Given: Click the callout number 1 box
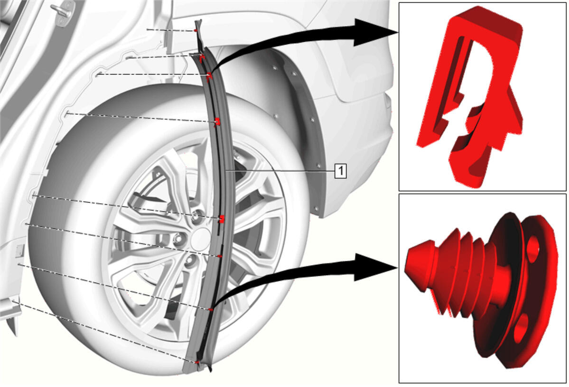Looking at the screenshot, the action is pyautogui.click(x=340, y=170).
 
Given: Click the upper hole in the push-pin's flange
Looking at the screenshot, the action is pyautogui.click(x=533, y=249).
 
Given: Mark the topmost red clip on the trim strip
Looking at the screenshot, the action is pyautogui.click(x=196, y=31).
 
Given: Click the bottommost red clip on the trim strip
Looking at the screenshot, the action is pyautogui.click(x=197, y=362).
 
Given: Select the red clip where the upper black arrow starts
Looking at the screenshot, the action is pyautogui.click(x=209, y=76).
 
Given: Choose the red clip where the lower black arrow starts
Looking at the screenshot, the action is pyautogui.click(x=210, y=309).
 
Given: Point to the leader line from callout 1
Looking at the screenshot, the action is pyautogui.click(x=280, y=170).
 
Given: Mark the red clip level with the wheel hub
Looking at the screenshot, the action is pyautogui.click(x=222, y=219).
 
